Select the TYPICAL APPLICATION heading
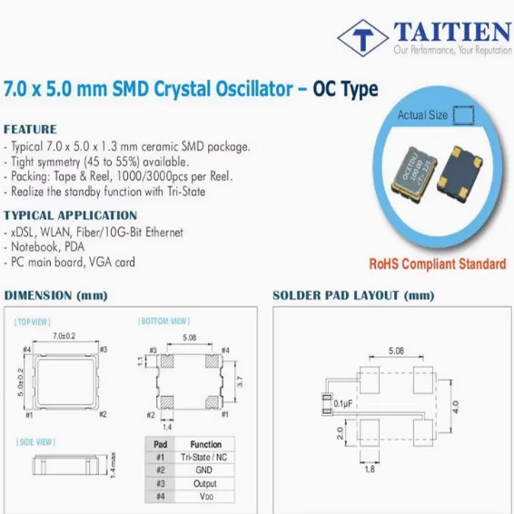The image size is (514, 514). tap(70, 215)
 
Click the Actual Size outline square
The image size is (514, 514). tap(463, 115)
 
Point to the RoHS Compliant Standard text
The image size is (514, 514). tap(436, 264)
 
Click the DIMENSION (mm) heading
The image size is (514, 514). tap(56, 296)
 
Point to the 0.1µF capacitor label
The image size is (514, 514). tap(344, 401)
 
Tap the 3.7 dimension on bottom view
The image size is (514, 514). tap(239, 384)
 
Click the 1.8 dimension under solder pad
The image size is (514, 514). tap(369, 470)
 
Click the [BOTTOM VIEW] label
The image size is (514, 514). tap(163, 321)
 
